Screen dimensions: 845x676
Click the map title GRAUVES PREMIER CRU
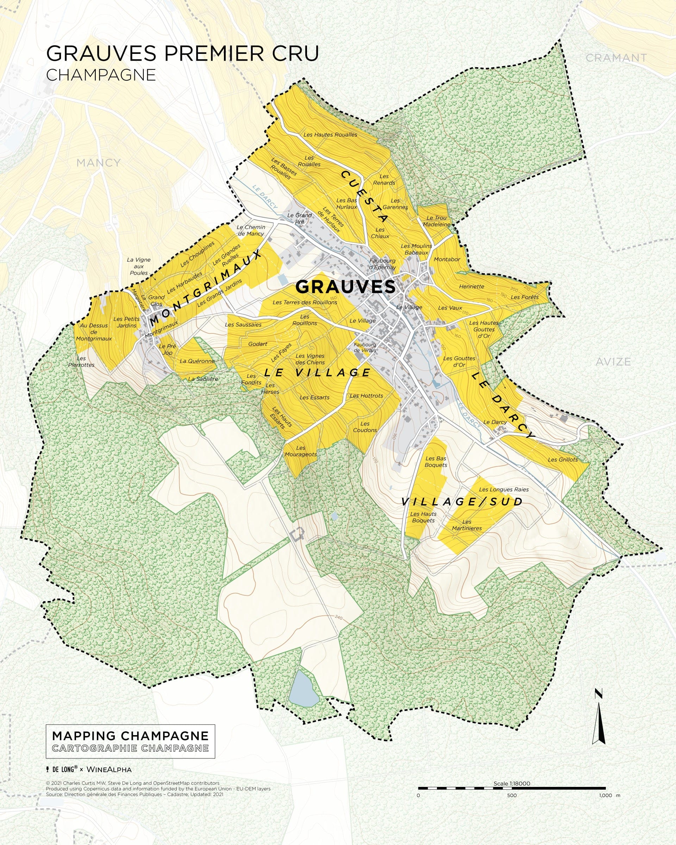[x=182, y=54]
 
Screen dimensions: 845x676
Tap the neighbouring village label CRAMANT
[x=616, y=58]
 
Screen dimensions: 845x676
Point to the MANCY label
[x=98, y=163]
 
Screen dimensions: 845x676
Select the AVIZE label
[x=613, y=362]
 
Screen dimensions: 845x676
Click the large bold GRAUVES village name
[x=345, y=287]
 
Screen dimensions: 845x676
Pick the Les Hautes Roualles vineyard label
[x=330, y=134]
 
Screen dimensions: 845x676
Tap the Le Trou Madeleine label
[x=436, y=221]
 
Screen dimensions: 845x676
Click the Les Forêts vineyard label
[x=524, y=297]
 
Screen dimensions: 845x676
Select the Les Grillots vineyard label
[x=562, y=459]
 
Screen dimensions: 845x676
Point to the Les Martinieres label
[x=467, y=525]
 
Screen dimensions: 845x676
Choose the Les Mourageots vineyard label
[x=301, y=451]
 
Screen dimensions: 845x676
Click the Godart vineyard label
[x=257, y=344]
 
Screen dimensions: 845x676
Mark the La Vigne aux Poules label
[x=139, y=266]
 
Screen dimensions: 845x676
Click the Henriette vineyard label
[x=471, y=287]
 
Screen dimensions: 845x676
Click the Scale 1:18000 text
[x=512, y=783]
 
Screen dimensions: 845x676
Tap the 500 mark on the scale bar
[x=512, y=795]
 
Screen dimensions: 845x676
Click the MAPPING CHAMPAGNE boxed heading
[x=130, y=736]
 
